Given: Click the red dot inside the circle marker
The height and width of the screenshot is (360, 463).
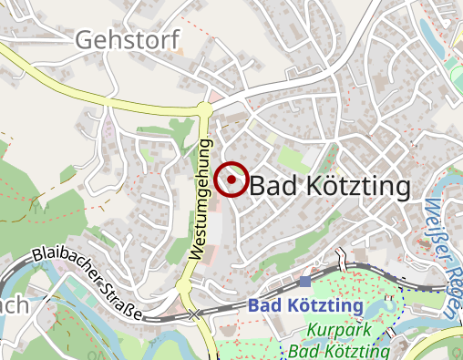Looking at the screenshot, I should click(x=233, y=180).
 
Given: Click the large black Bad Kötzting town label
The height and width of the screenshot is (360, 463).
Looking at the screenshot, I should click(x=330, y=186).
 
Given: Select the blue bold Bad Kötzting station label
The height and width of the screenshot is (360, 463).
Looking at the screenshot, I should click(x=305, y=305).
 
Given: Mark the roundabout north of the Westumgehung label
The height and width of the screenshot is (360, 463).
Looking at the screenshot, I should click(x=204, y=109).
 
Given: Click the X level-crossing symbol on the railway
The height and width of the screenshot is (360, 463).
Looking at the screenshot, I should click(x=195, y=314).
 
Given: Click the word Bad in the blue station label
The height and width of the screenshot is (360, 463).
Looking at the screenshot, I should click(x=262, y=305).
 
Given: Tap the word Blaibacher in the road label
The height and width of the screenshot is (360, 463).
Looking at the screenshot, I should click(x=65, y=271).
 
